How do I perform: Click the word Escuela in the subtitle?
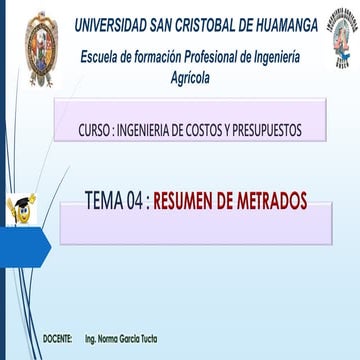pyautogui.click(x=104, y=56)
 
